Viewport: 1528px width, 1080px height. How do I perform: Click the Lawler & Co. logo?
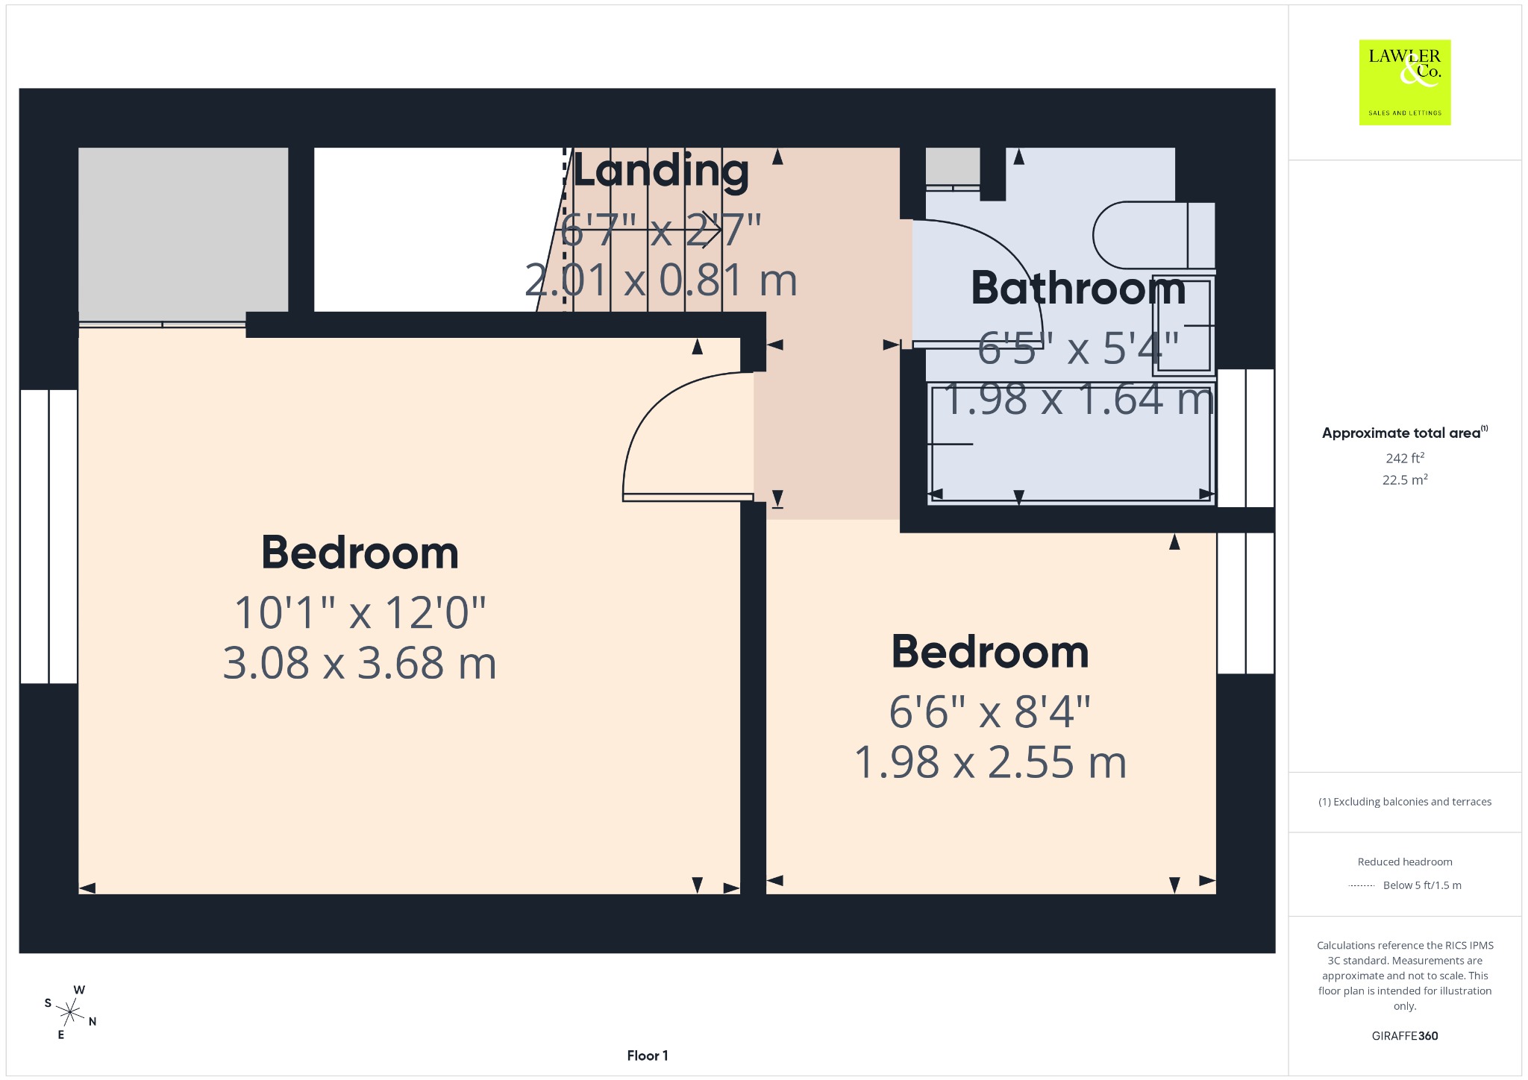[x=1405, y=82]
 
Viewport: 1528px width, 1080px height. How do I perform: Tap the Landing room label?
[x=660, y=171]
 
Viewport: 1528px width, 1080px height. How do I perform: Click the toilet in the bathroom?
[x=1154, y=235]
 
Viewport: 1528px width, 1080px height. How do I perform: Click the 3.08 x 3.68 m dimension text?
[x=360, y=662]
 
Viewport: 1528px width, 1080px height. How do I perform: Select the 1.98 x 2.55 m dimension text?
[x=990, y=762]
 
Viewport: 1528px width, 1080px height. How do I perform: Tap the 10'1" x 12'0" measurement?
[x=360, y=612]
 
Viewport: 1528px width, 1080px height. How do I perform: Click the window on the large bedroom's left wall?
[x=48, y=536]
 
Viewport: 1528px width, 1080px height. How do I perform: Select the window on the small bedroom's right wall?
[x=1245, y=603]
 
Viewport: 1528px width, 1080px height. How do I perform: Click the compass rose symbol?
[x=70, y=1012]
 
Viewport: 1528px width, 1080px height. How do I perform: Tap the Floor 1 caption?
[x=648, y=1055]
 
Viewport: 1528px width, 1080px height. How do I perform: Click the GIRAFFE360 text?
[x=1405, y=1035]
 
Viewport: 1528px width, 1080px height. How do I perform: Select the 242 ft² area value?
[x=1405, y=458]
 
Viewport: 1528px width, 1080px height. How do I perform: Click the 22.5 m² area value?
[x=1405, y=480]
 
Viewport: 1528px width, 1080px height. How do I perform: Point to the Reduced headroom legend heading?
[x=1405, y=861]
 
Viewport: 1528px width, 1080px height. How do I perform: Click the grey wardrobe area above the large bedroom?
[x=184, y=230]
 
